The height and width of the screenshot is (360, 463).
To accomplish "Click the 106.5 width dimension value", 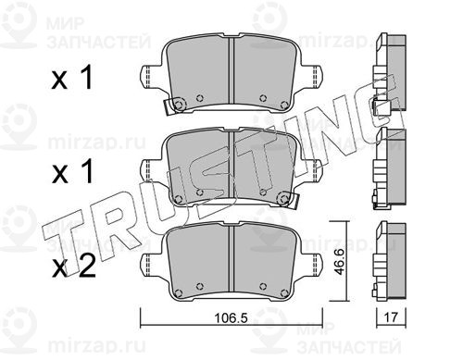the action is (231, 317).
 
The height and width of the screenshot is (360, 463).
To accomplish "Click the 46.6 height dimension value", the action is (340, 262).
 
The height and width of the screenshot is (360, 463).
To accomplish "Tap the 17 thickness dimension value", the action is (391, 317).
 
